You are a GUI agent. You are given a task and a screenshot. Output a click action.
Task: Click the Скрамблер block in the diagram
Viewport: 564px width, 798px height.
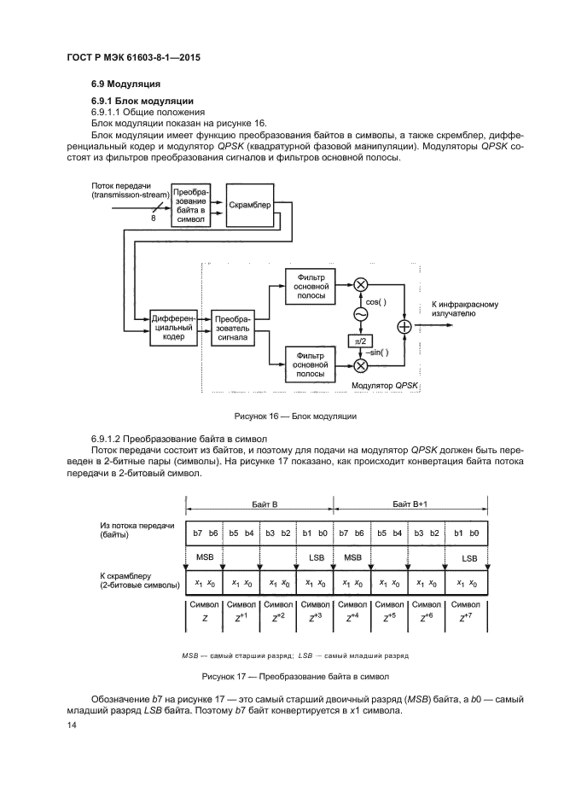pyautogui.click(x=250, y=205)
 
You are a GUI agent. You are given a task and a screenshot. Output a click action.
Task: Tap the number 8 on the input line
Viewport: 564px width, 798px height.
pyautogui.click(x=154, y=218)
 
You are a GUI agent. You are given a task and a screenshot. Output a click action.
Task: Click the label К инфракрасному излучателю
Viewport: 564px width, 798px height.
pyautogui.click(x=465, y=309)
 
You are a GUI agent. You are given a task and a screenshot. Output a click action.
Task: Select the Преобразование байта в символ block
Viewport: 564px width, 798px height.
pyautogui.click(x=192, y=206)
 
